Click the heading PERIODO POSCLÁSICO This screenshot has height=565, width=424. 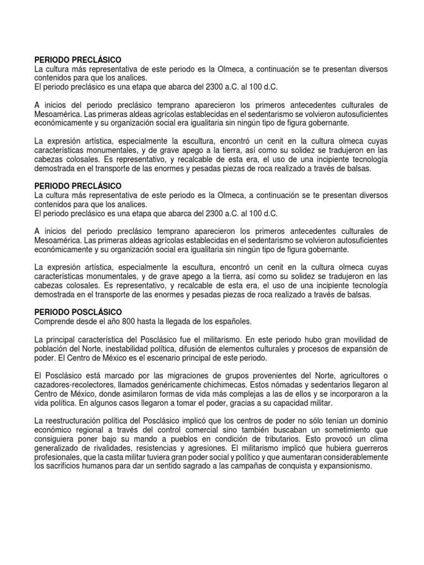(x=78, y=312)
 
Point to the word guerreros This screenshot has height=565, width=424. (x=368, y=449)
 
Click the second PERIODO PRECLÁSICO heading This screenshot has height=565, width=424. (x=78, y=186)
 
